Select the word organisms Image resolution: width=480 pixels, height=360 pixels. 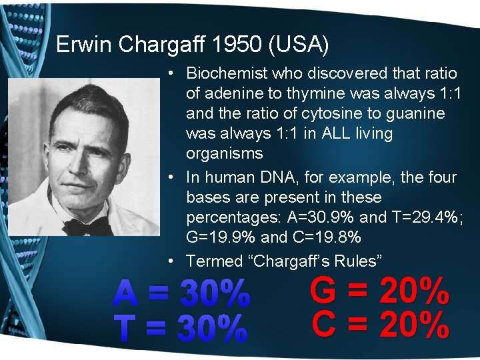coord(225,153)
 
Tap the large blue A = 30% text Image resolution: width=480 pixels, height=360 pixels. coord(182,294)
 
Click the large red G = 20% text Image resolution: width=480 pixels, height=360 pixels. coord(380,291)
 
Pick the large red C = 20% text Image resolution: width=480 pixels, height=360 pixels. coord(380,325)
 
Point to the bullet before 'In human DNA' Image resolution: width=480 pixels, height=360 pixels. coord(172,178)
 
